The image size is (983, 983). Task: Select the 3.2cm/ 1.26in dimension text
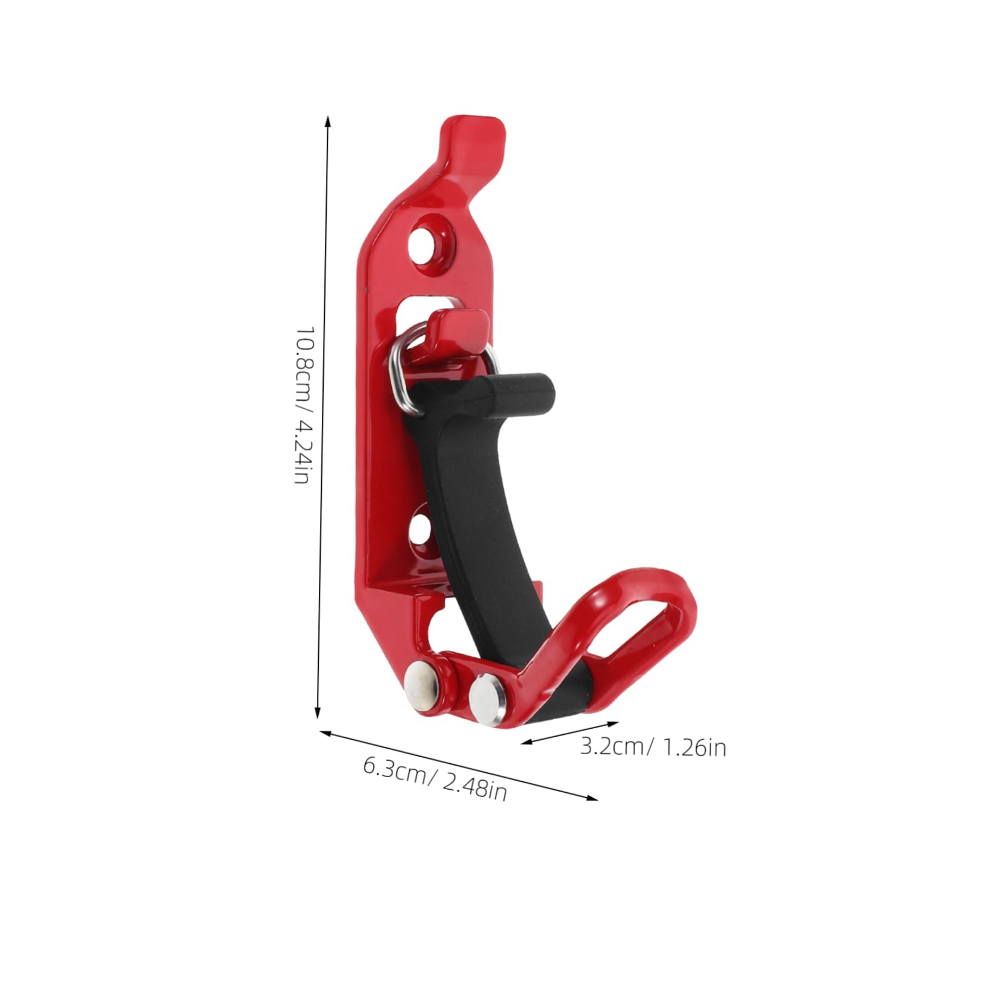pyautogui.click(x=653, y=748)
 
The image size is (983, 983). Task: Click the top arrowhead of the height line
pyautogui.click(x=328, y=120)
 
